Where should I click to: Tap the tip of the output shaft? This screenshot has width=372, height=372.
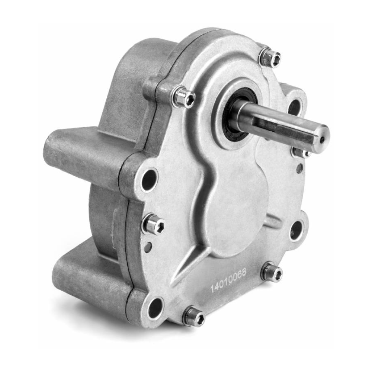pyautogui.click(x=323, y=138)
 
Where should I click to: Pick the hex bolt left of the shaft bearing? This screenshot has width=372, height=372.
pyautogui.click(x=184, y=97)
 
